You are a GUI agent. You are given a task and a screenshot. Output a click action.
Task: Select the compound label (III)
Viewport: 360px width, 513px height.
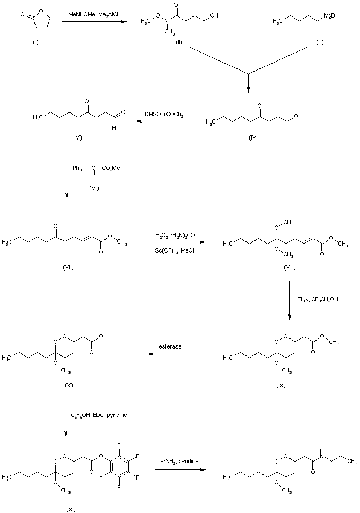(x=319, y=42)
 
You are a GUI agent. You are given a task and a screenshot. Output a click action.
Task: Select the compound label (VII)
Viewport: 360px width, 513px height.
(x=67, y=267)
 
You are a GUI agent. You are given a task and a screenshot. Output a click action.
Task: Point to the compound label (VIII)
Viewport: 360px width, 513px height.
(x=289, y=267)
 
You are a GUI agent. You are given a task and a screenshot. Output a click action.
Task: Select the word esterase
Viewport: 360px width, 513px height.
(x=170, y=346)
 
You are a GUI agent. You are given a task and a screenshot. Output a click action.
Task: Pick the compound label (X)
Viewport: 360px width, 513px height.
(x=68, y=385)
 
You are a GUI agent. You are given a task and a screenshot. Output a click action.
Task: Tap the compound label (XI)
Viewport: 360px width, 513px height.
(x=71, y=509)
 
